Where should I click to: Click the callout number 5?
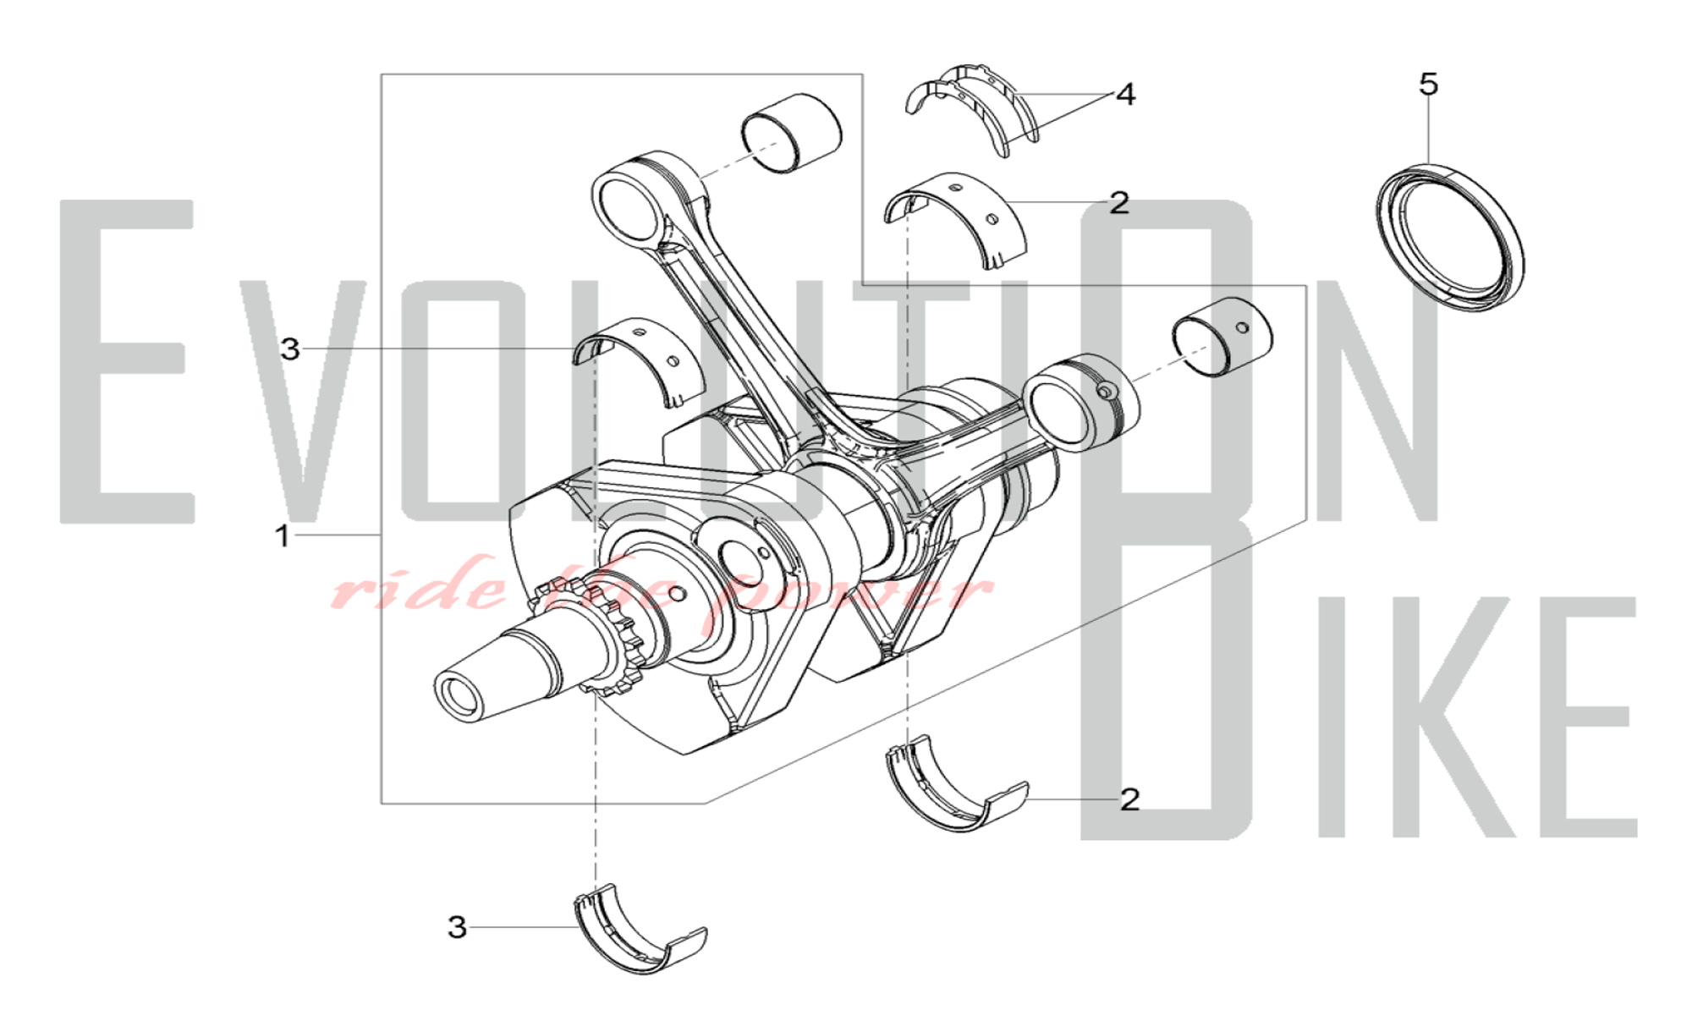coord(1428,84)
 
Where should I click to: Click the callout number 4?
coord(1125,95)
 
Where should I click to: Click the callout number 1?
coord(283,535)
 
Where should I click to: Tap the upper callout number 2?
coord(1118,203)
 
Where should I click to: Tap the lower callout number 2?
coord(1129,799)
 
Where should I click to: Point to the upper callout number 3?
coord(290,349)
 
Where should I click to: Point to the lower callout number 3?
coord(457,927)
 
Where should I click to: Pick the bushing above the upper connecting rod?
coord(792,134)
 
